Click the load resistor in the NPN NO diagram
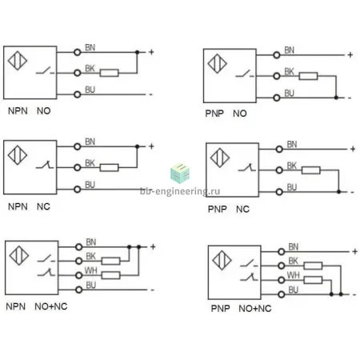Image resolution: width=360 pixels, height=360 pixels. tap(109, 73)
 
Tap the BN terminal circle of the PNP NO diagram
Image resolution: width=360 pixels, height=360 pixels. tap(277, 55)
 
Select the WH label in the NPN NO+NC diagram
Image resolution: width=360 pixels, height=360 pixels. tap(90, 270)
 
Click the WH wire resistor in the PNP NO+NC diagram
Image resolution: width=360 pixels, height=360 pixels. tap(313, 280)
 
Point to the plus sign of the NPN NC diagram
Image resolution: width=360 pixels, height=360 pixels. tap(151, 146)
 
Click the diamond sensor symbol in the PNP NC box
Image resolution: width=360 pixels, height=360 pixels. tap(220, 158)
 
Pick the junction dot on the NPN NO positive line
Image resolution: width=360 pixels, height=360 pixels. tap(138, 52)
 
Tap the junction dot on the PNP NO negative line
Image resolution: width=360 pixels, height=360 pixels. tap(336, 98)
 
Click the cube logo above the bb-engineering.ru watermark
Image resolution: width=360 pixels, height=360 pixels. tap(180, 174)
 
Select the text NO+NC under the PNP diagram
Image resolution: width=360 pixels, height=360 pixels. tap(255, 309)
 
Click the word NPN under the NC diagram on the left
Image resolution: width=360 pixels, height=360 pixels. tap(18, 206)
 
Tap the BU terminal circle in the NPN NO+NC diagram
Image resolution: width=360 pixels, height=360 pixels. tap(79, 290)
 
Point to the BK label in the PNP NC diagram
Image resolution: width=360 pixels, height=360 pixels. tap(292, 166)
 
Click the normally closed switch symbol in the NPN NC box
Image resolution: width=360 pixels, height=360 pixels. tap(45, 165)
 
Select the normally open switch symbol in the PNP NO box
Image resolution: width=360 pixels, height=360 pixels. tap(245, 74)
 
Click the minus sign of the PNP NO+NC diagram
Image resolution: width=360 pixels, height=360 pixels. tap(354, 295)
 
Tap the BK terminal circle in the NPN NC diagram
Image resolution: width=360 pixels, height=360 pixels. tap(78, 168)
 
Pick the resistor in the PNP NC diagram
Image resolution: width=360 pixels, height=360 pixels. tap(311, 170)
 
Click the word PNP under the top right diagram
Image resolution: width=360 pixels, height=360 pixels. tap(214, 114)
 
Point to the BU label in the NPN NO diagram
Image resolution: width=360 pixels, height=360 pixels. tap(90, 90)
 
